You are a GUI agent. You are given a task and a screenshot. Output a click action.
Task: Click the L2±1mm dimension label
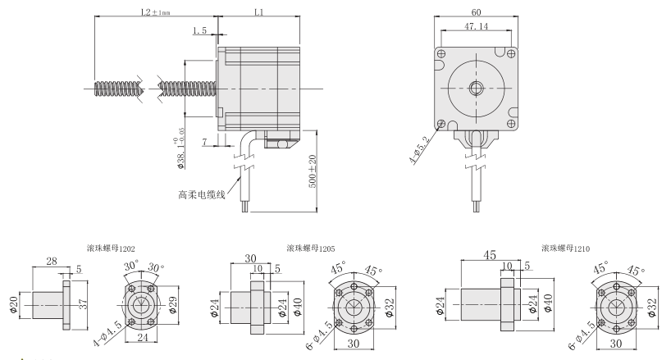tap(156, 12)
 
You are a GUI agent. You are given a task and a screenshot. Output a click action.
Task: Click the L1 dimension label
tap(259, 12)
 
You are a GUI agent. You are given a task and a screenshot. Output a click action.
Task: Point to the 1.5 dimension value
tap(199, 32)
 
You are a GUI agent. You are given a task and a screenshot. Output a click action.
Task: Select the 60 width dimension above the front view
tap(476, 11)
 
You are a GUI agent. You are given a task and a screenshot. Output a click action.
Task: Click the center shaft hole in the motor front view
tap(476, 87)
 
